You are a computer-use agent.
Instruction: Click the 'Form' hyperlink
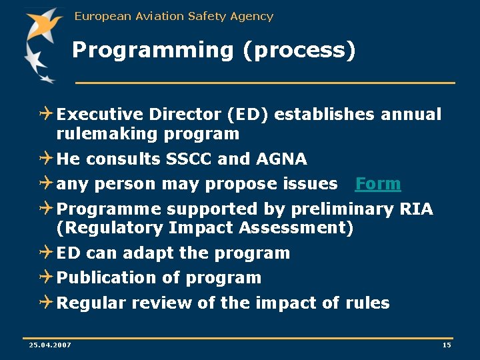coord(378,184)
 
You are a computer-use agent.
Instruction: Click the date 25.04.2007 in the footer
coord(50,345)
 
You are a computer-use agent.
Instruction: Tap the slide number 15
coord(446,345)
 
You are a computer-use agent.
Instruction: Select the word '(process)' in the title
coord(299,51)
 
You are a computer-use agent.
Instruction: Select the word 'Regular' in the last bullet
coord(91,303)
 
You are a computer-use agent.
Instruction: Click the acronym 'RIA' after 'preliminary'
coord(417,209)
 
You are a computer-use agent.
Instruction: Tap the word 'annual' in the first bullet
coord(411,115)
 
